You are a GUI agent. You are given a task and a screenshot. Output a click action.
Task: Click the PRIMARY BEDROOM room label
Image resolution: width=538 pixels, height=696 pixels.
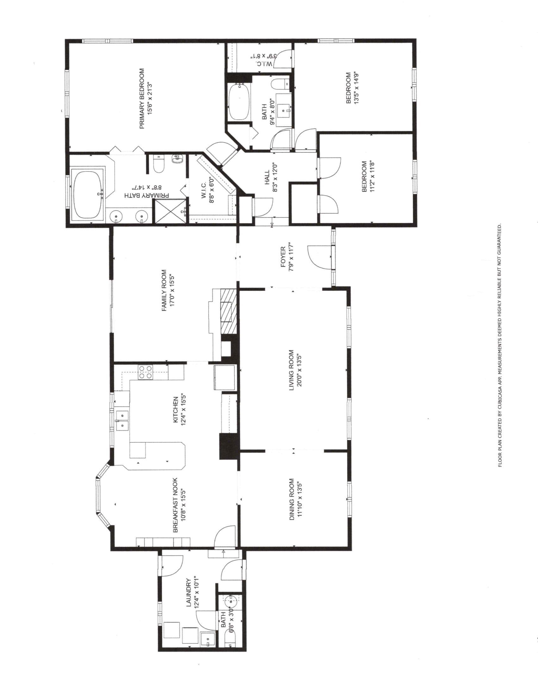click(x=142, y=99)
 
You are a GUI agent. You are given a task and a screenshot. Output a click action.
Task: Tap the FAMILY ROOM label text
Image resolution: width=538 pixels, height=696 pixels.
click(x=164, y=291)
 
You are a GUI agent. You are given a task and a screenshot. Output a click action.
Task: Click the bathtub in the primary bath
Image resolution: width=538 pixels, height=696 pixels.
click(x=88, y=194)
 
